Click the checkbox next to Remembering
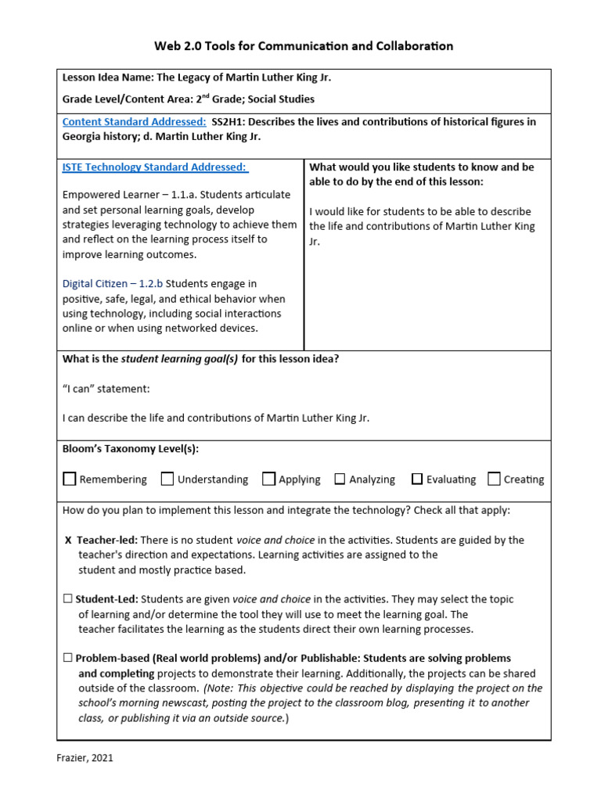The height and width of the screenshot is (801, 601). coord(70,479)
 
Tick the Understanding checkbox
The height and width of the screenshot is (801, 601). coord(167,479)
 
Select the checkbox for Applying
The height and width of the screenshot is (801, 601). coord(269,479)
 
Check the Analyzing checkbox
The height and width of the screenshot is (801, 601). coord(340,479)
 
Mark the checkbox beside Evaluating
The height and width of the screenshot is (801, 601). coord(417,479)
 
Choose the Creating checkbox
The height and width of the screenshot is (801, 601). coord(494,479)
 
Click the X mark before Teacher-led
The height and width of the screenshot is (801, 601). coord(68,541)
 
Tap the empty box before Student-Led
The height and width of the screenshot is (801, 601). coord(67,599)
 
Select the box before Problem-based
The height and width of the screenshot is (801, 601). coord(67,659)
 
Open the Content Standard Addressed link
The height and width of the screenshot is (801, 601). coord(134,121)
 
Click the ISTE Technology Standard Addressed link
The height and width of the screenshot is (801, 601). coord(155,167)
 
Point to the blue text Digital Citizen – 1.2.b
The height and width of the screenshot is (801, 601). coord(113,284)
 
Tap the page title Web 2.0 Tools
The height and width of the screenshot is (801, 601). coord(300,46)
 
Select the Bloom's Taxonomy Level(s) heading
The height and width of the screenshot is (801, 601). coord(131,449)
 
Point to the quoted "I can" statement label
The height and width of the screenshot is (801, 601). coord(106,389)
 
